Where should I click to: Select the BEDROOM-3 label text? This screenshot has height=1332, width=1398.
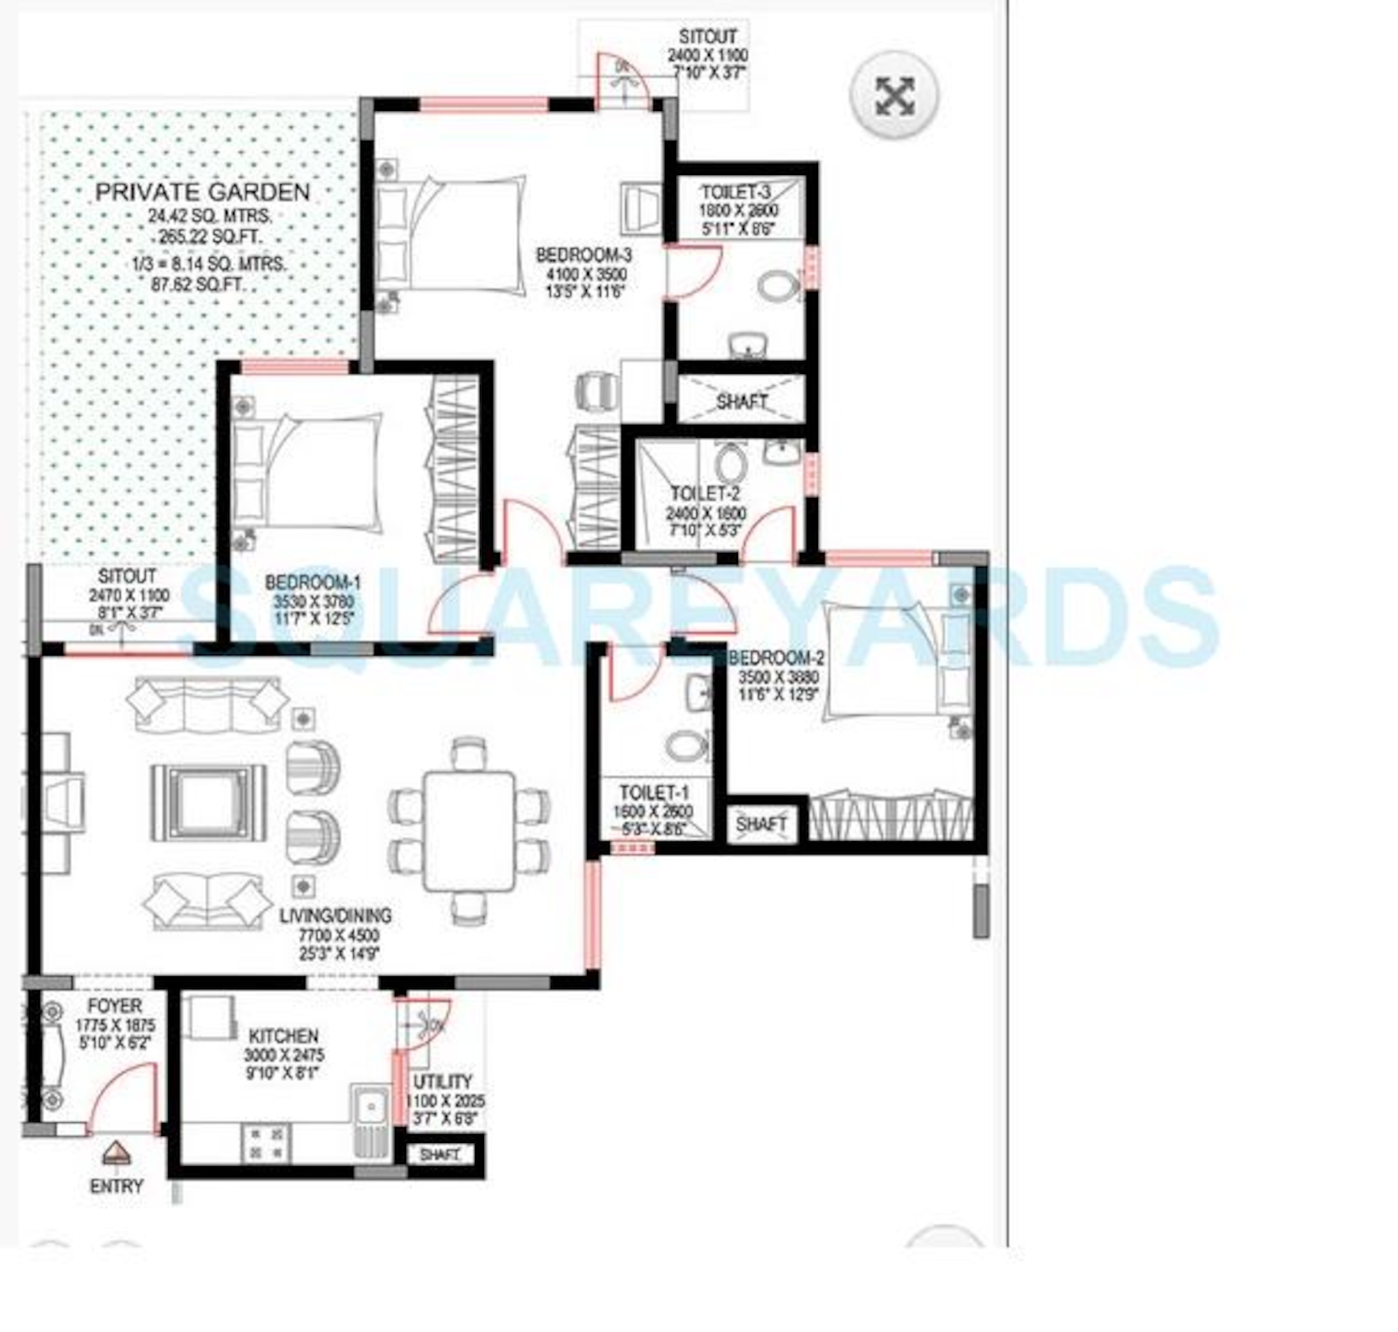[583, 254]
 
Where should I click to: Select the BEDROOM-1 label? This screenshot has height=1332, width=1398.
[312, 583]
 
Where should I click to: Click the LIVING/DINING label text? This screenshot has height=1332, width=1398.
[335, 915]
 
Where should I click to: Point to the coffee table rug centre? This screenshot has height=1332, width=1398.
[207, 803]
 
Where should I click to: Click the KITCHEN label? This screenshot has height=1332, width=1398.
[282, 1036]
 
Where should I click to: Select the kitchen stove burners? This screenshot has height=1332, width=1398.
[266, 1144]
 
